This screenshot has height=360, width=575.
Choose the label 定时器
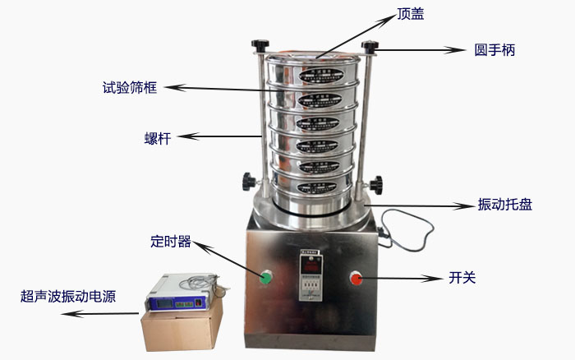[170, 242]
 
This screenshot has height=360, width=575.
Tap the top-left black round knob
[260, 44]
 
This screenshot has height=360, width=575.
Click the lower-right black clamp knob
[377, 182]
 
